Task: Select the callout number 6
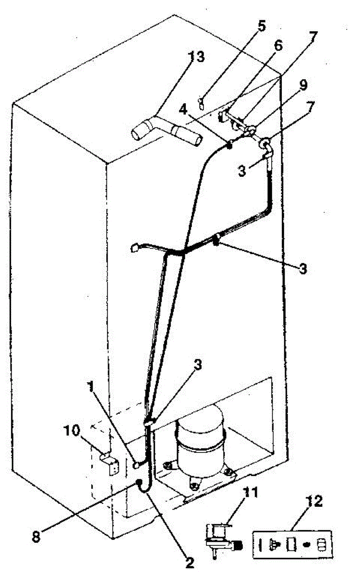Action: [278, 46]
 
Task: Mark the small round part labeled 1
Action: [136, 464]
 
